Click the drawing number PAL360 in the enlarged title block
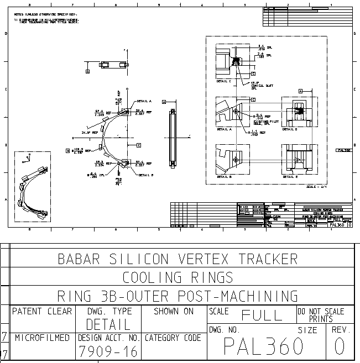point(264,346)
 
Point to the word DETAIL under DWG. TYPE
point(108,324)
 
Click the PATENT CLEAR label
point(42,311)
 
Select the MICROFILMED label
point(42,337)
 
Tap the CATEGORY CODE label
point(173,337)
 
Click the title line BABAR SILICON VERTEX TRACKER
point(178,259)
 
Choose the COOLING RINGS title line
point(178,277)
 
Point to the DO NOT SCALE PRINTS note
point(321,315)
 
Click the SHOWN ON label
point(174,311)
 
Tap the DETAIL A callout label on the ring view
point(144,101)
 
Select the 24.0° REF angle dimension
point(89,133)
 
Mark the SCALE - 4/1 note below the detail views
point(317,186)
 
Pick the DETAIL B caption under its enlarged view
point(224,177)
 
